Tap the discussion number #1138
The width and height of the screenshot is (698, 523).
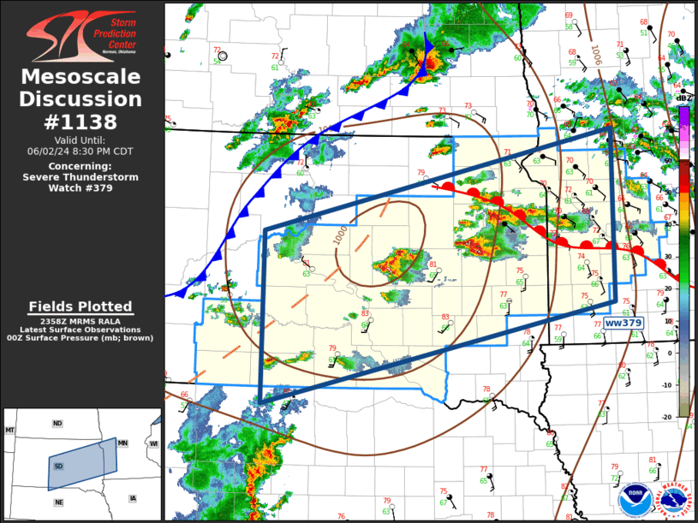point(81,122)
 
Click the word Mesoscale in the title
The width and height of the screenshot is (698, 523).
point(81,77)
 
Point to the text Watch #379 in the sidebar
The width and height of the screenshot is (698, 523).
point(106,188)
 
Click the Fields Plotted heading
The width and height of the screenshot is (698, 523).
point(81,306)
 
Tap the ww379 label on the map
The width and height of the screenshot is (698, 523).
point(623,323)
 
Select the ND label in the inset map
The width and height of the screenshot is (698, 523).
point(57,424)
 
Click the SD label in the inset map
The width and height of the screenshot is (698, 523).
point(58,466)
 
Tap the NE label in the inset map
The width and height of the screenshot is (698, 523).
point(58,502)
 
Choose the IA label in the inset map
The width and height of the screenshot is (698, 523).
point(133,498)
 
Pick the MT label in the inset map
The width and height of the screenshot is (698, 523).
point(10,429)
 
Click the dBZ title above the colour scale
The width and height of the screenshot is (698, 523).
point(683,99)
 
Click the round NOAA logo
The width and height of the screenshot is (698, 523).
point(633,498)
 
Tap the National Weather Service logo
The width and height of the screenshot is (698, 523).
point(671,498)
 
